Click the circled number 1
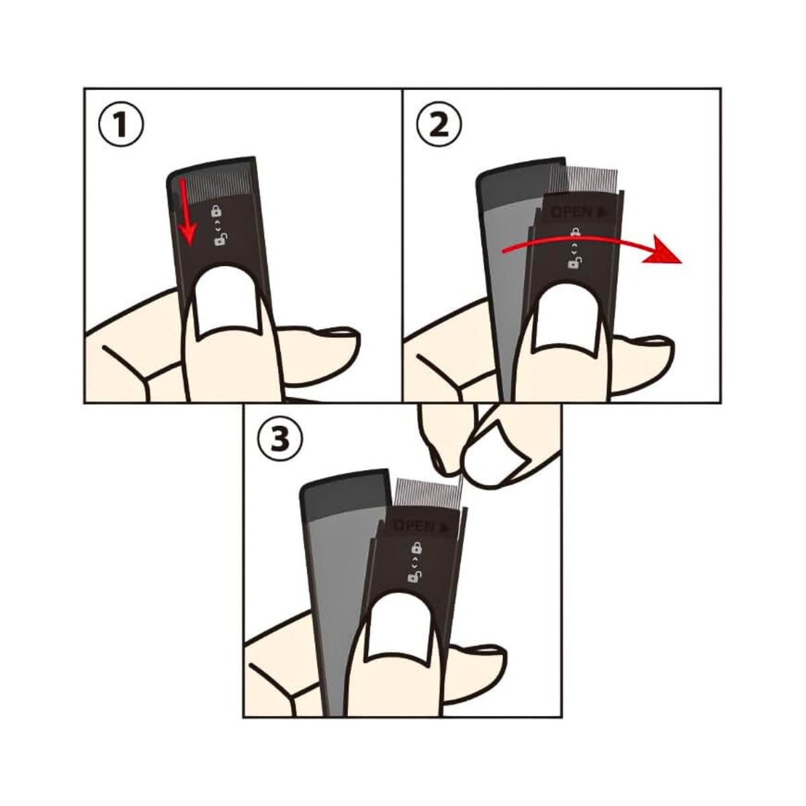tap(120, 126)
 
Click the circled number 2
tap(439, 126)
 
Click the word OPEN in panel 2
tap(572, 212)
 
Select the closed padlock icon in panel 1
tap(216, 211)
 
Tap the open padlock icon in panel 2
tap(574, 263)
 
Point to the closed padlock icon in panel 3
tap(417, 546)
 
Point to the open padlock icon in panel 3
tap(414, 577)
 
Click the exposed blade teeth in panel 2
tap(584, 181)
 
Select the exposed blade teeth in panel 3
tap(427, 493)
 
